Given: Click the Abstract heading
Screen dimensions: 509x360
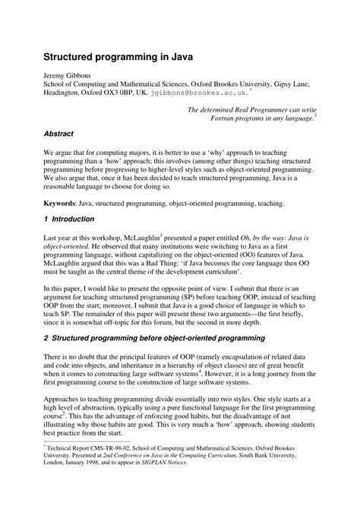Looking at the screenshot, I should (58, 134).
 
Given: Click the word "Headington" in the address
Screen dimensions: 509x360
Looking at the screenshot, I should (65, 92).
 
